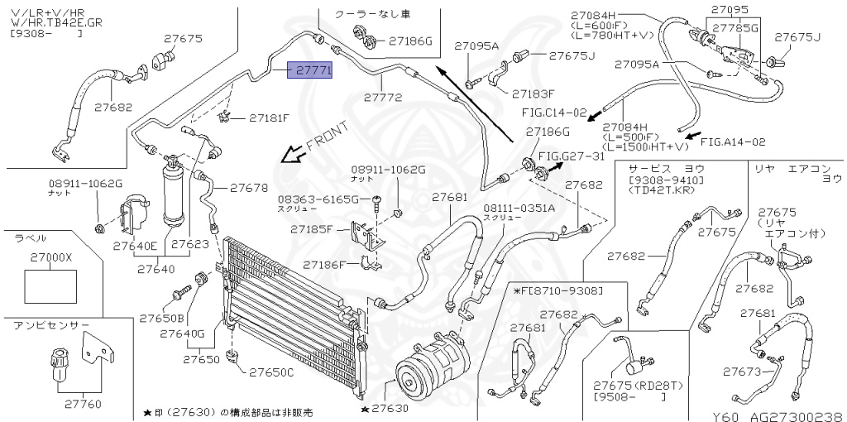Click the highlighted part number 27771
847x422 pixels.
tap(309, 72)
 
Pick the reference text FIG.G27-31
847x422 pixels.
tap(572, 156)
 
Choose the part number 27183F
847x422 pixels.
tap(534, 93)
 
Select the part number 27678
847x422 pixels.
tap(248, 188)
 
